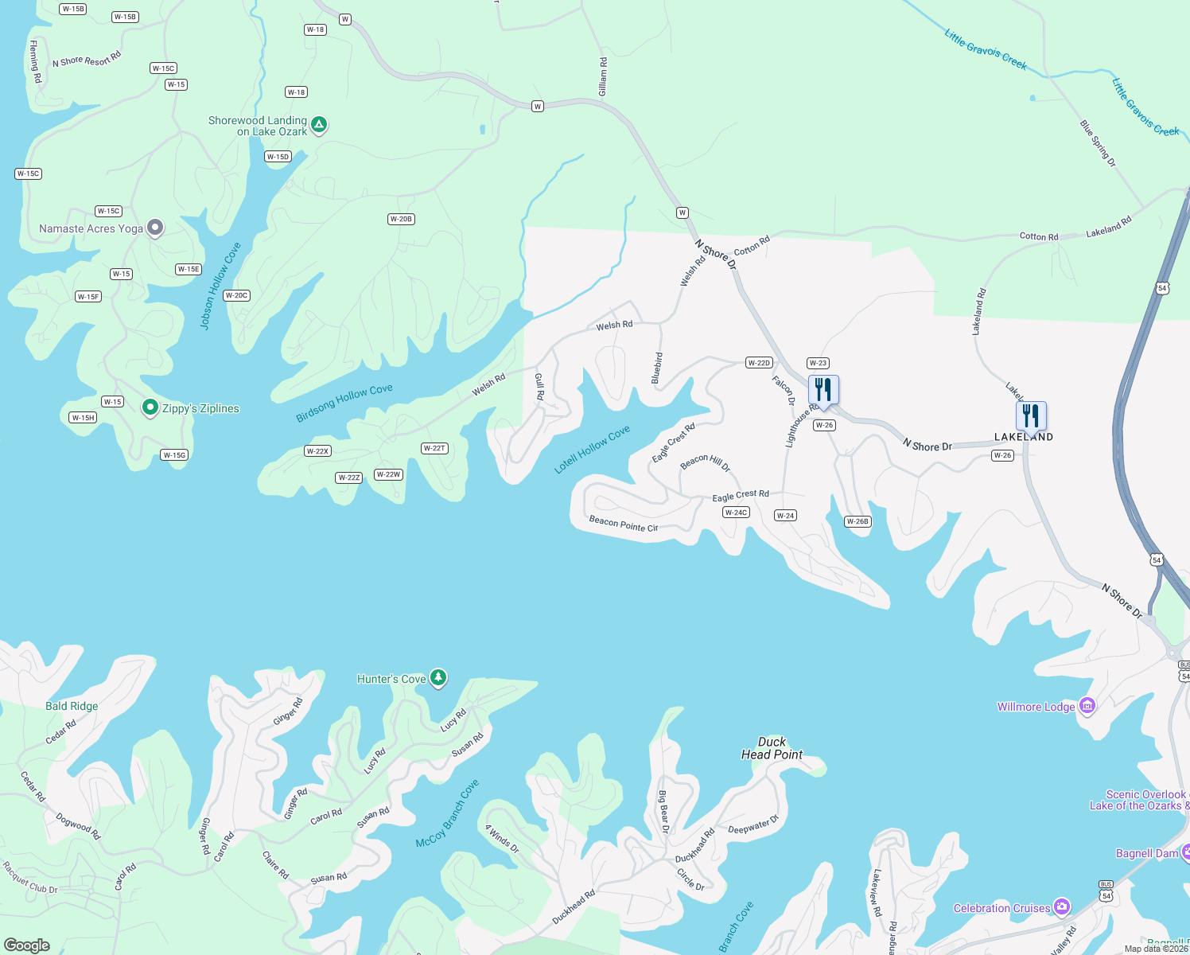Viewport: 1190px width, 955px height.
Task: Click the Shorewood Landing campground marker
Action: pos(318,125)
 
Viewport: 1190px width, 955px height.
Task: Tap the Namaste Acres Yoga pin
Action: pos(155,228)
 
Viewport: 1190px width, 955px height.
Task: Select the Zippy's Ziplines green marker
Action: pos(150,407)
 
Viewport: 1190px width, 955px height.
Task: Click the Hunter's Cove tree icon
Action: pos(437,678)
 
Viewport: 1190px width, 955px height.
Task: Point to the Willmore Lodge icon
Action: pos(1087,706)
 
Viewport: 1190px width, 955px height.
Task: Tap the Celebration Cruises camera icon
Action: pos(1061,907)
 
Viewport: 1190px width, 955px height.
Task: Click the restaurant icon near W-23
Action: pos(823,390)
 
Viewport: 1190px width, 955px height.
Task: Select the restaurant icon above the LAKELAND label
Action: pos(1030,415)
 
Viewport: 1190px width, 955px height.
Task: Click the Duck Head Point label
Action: pos(772,748)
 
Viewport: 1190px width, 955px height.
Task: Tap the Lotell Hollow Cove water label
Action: pos(592,449)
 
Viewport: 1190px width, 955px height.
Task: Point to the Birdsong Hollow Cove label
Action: pos(344,403)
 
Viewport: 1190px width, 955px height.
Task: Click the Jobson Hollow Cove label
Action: pos(220,286)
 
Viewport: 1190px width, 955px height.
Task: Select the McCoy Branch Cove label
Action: pos(447,813)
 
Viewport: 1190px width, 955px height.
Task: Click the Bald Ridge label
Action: pos(72,706)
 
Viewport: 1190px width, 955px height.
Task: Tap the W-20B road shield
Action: pos(401,219)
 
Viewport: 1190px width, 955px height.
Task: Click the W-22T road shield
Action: pos(434,448)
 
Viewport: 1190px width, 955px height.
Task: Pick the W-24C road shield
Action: pos(736,513)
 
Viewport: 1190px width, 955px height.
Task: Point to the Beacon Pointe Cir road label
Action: pos(623,524)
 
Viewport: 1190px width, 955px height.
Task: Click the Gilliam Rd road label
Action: pos(603,77)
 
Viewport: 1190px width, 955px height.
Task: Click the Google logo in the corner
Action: pos(27,945)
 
